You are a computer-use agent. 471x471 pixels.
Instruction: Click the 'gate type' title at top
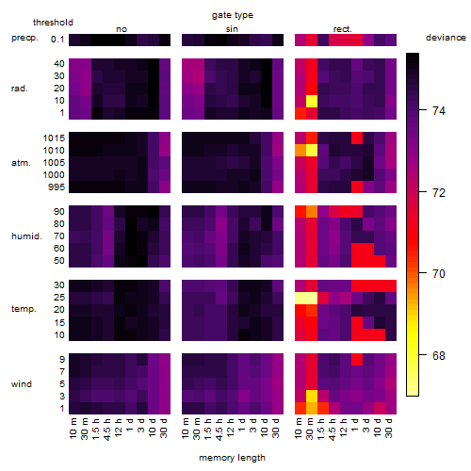[233, 15]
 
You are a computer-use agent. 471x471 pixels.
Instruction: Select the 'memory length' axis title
[232, 458]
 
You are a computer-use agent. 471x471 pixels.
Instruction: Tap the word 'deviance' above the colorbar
[446, 38]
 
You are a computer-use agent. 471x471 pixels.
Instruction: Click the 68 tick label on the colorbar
[439, 356]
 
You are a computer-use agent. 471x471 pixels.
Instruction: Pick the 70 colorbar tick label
[439, 274]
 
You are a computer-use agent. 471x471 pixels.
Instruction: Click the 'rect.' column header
[342, 29]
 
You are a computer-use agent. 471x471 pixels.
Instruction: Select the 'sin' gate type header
[232, 29]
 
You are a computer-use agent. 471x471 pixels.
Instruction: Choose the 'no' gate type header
[122, 29]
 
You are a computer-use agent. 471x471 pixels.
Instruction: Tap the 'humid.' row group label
[26, 236]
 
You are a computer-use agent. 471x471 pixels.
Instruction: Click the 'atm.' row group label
[21, 163]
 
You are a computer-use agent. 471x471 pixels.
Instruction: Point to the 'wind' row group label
[22, 384]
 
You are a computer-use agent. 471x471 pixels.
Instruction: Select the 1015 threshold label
[54, 138]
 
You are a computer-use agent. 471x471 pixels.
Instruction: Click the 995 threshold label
[57, 187]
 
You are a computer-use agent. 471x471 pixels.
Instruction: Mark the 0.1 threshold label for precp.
[57, 40]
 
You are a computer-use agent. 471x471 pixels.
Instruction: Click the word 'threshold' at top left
[53, 23]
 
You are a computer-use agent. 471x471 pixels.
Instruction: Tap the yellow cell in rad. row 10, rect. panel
[312, 101]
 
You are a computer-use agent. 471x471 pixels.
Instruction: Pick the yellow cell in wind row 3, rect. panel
[312, 397]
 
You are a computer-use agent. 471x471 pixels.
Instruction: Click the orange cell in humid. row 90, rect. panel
[312, 212]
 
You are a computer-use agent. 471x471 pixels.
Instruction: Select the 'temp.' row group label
[24, 309]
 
